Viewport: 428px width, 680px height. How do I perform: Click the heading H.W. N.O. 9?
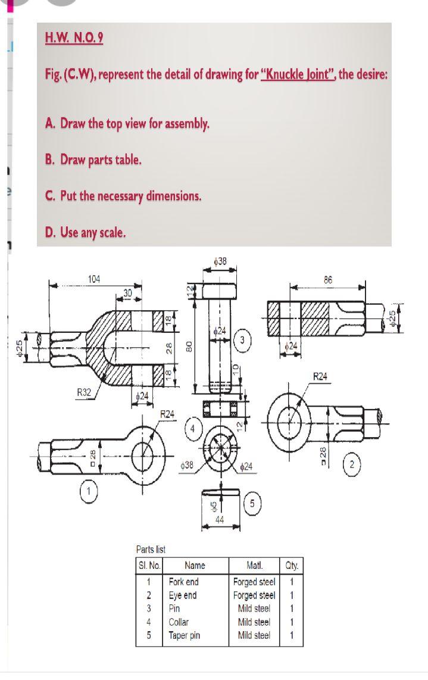tap(74, 38)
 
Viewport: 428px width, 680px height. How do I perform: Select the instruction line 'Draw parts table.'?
tap(93, 160)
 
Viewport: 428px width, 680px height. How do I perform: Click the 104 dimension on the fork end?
tap(94, 279)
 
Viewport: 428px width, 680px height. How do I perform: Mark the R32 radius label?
tap(85, 391)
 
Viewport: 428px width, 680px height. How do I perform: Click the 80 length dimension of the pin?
tap(189, 345)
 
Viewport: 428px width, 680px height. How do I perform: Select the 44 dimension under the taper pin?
tap(220, 520)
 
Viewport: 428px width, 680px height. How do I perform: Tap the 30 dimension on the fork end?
tap(127, 291)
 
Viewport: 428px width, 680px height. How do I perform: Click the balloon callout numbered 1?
tap(88, 491)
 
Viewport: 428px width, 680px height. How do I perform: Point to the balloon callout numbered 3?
tap(242, 340)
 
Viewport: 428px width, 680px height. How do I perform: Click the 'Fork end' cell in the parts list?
tap(183, 582)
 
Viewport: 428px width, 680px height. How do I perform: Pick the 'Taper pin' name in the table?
tap(184, 635)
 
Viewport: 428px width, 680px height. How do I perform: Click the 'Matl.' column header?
tap(254, 566)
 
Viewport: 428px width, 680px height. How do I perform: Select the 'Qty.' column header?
tap(292, 566)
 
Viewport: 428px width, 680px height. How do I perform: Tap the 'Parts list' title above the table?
tap(151, 549)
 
